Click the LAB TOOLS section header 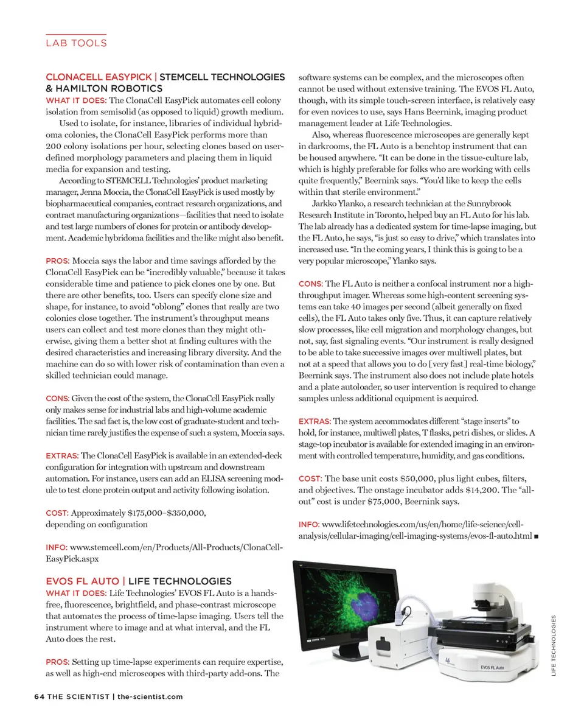point(76,43)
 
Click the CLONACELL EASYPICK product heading point(99,77)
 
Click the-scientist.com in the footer point(150,696)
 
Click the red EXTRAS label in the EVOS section point(314,421)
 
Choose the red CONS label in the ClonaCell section point(58,399)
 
